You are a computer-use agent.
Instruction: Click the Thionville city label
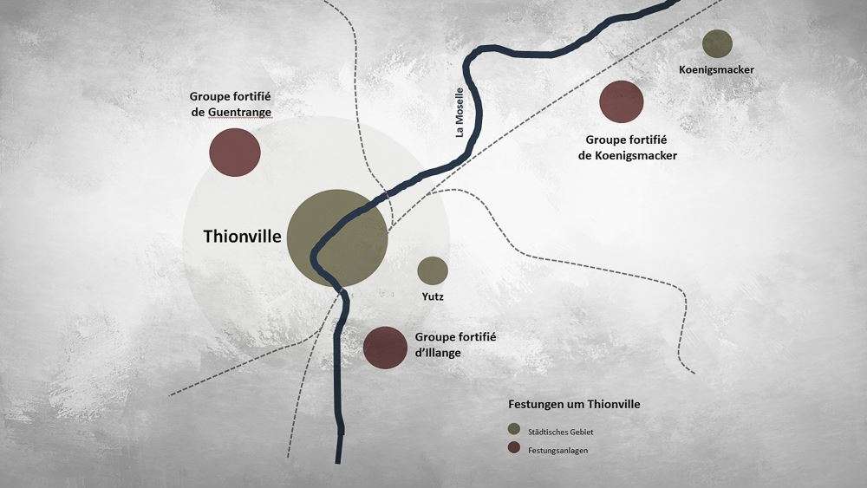tap(242, 236)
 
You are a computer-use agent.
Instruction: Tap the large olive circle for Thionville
tap(337, 238)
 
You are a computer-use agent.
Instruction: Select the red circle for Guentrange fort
tap(235, 153)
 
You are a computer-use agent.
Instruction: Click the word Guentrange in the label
tap(239, 112)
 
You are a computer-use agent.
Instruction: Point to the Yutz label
tap(433, 297)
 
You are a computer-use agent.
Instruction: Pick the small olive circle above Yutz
tap(432, 270)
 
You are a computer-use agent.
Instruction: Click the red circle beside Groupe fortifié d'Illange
tap(385, 348)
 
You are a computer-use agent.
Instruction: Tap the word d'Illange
tap(439, 353)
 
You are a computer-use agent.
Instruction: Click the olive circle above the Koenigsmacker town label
tap(718, 44)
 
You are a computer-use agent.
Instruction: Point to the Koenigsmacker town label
tap(717, 69)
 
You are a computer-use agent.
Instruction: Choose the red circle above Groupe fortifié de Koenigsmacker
tap(622, 101)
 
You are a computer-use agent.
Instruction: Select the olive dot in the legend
tap(514, 431)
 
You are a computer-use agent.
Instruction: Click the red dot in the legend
tap(514, 449)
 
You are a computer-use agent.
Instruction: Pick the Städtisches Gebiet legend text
tap(560, 432)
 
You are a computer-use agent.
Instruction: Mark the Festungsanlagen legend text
tap(558, 450)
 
